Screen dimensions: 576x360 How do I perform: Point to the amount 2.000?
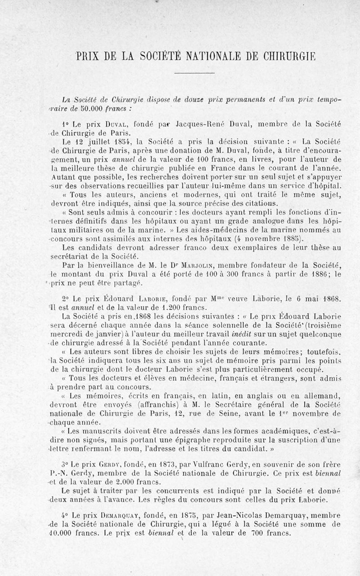pos(117,481)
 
